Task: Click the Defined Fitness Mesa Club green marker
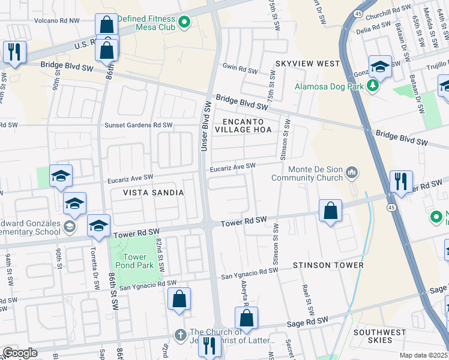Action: coord(184,23)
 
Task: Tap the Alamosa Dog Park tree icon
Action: coord(373,86)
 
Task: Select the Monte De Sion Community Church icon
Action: coord(351,173)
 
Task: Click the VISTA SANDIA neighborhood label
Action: coord(152,192)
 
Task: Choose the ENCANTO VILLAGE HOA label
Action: coord(244,125)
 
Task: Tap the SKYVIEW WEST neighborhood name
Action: coord(308,64)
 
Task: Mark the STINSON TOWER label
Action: coord(328,265)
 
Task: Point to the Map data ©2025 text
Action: coord(423,355)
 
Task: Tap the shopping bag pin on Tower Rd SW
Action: coord(330,211)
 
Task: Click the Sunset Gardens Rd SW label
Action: coord(139,125)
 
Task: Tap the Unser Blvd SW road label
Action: coord(206,126)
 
